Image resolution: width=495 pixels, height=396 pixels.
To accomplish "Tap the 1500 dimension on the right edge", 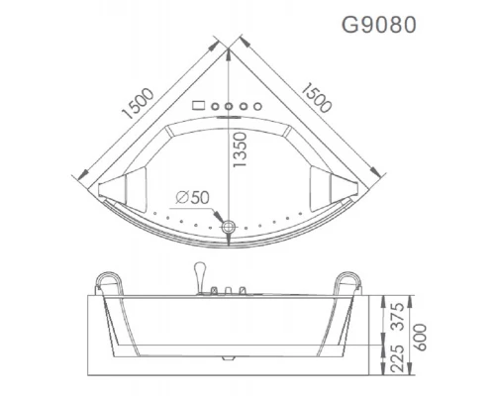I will pyautogui.click(x=316, y=100).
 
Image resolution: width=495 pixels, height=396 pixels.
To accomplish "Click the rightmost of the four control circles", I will pyautogui.click(x=256, y=105).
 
